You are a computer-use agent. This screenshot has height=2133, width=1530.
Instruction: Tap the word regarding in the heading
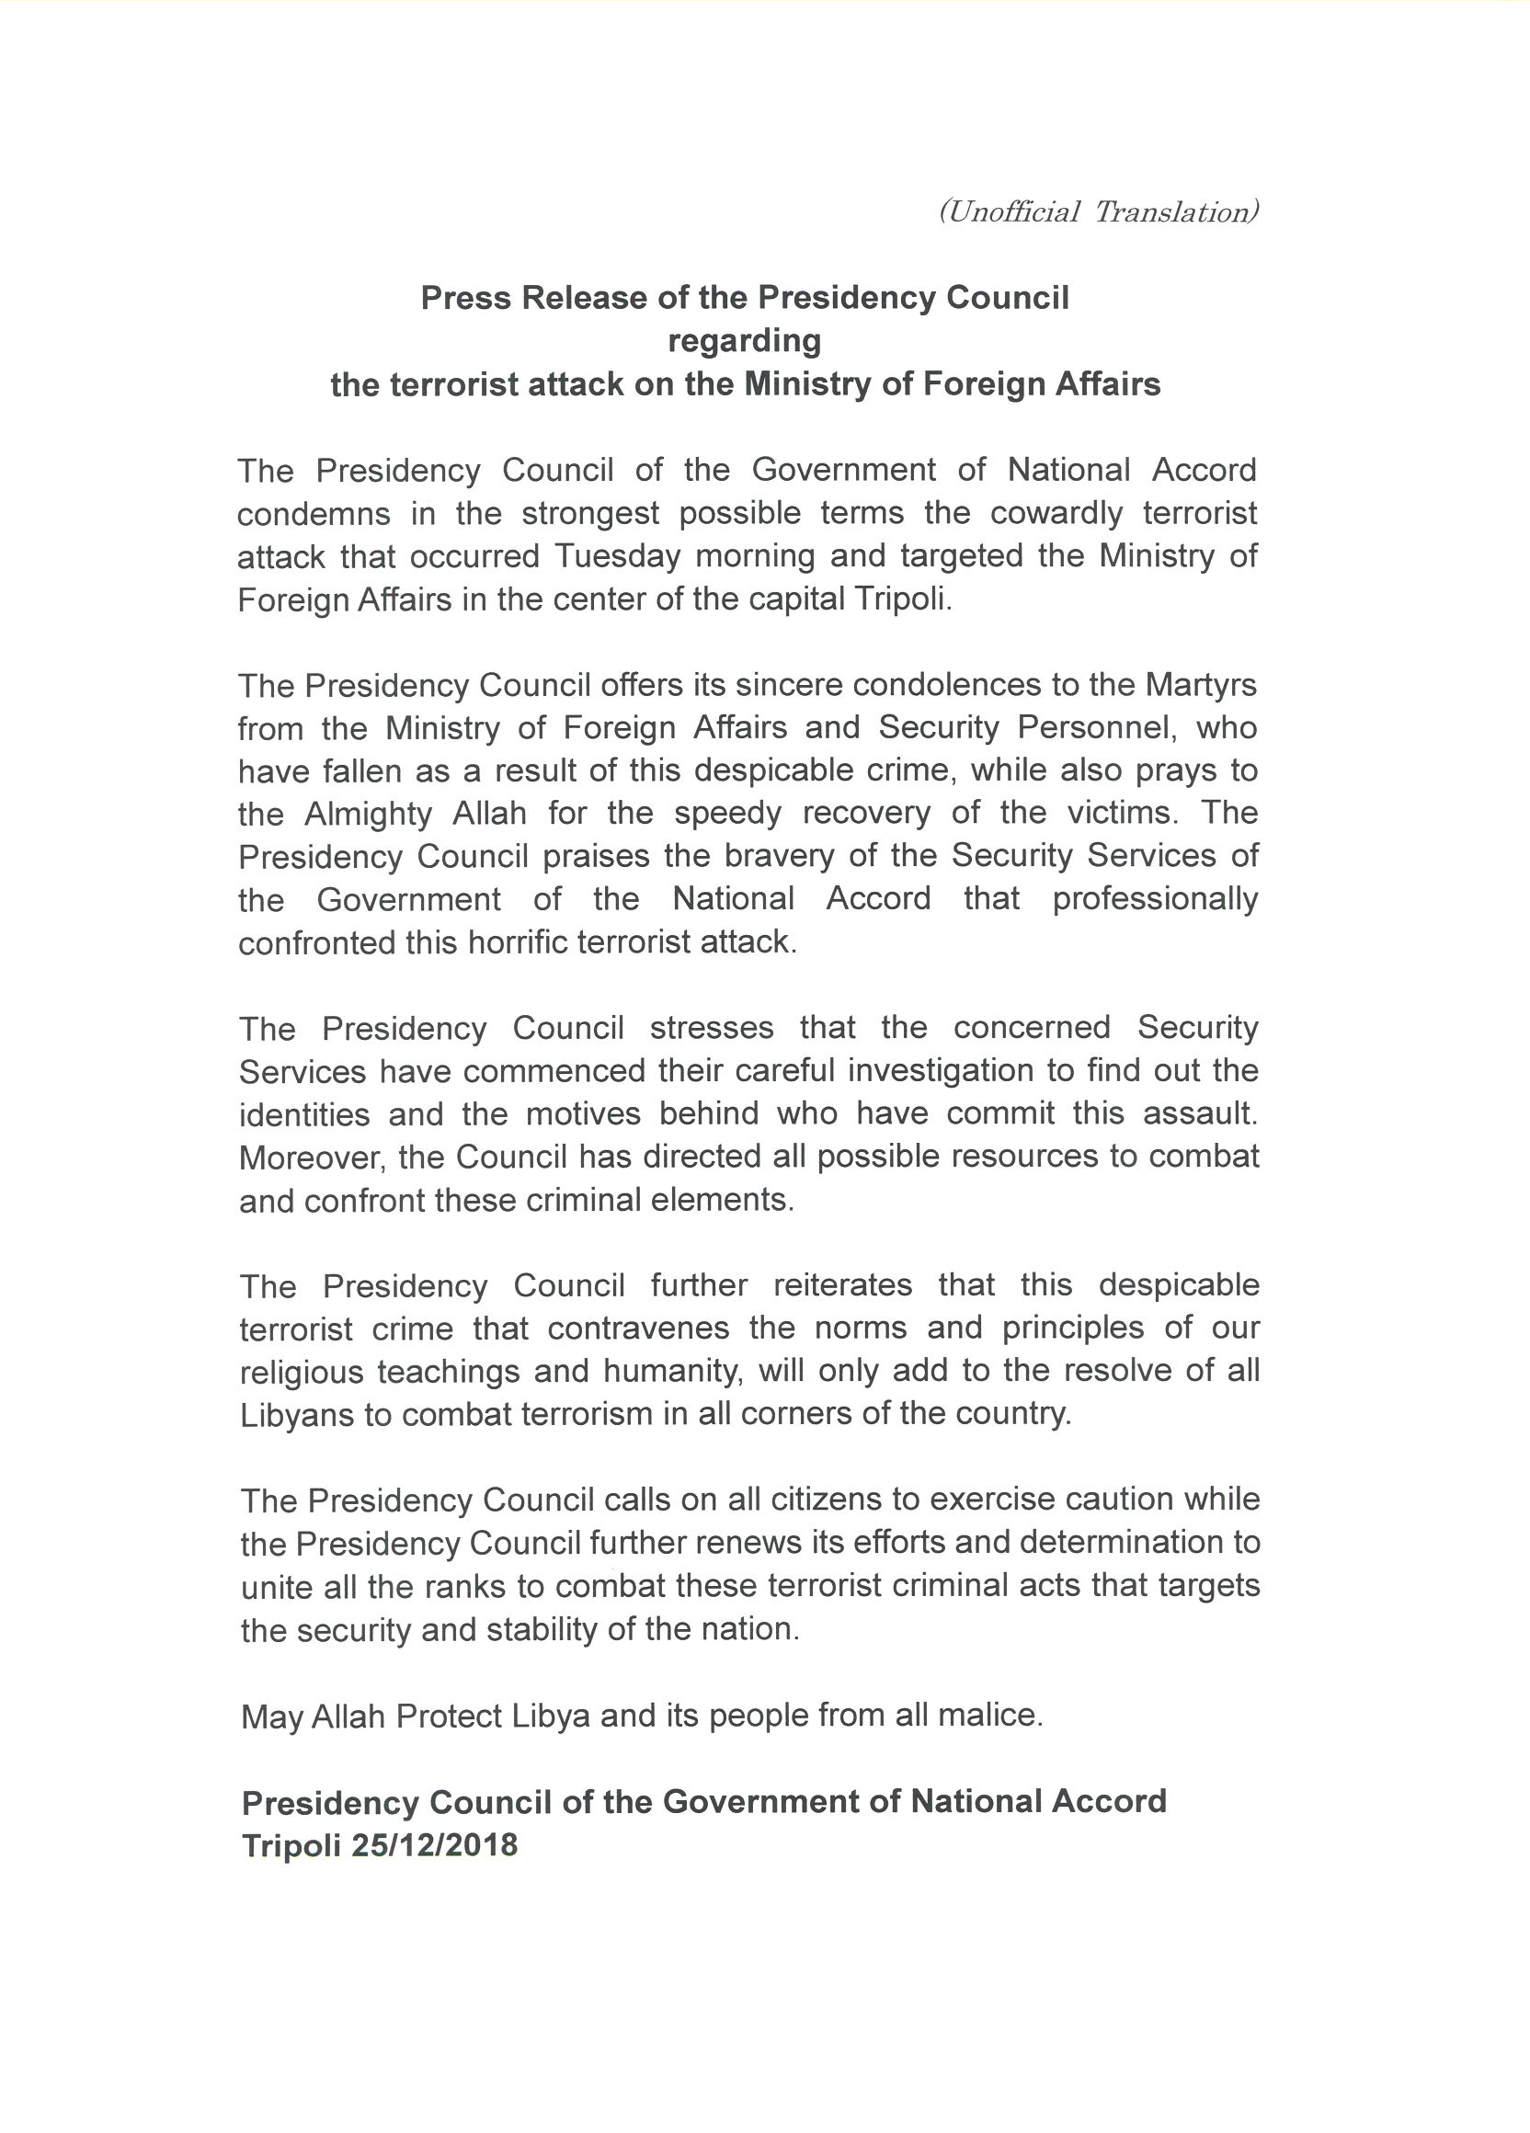[x=744, y=341]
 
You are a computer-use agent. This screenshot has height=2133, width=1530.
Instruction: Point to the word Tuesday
[x=616, y=557]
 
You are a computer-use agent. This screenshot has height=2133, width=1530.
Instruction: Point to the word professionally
[x=1155, y=899]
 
